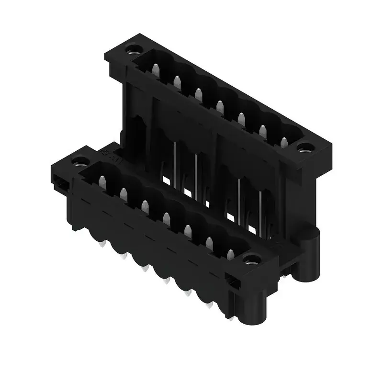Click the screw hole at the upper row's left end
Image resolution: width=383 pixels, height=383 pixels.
pos(131,49)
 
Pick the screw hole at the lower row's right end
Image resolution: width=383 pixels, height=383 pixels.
pos(249,260)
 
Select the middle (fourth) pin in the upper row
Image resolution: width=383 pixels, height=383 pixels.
pos(220,106)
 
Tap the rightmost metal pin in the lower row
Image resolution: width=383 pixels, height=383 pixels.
pos(230,255)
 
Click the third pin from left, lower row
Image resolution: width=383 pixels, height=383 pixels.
pos(145,206)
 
